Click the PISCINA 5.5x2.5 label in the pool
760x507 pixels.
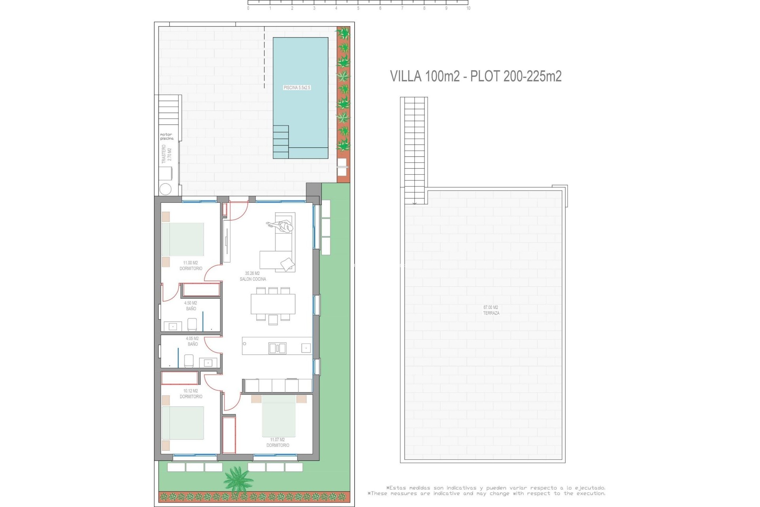pos(297,88)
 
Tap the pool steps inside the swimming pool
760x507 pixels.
pos(281,142)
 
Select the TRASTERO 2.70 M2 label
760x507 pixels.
pos(167,154)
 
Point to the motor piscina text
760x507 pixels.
pos(167,137)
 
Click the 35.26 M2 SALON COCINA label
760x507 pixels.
pos(253,276)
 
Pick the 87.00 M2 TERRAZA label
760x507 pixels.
pos(491,310)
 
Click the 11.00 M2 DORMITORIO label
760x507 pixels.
pos(191,266)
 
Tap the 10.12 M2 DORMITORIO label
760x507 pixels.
pos(191,394)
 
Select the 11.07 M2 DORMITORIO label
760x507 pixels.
pos(277,442)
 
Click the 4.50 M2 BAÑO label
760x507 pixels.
pos(191,306)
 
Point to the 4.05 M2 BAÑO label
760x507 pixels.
pos(192,341)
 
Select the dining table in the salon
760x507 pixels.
pos(273,304)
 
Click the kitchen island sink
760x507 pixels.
pos(277,349)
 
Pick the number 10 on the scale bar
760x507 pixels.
pos(468,8)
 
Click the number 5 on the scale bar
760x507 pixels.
pos(358,8)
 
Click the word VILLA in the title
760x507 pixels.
pos(405,76)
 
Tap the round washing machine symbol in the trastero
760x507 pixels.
pos(165,189)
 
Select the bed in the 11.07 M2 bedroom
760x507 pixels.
pos(279,416)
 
